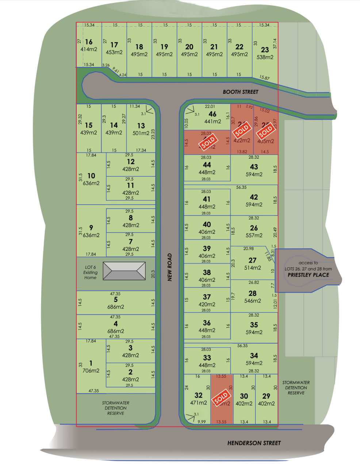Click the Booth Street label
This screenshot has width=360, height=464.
click(x=240, y=92)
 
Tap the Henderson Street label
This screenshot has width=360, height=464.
click(x=254, y=443)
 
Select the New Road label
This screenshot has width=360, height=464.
click(x=170, y=267)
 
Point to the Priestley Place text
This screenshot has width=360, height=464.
click(x=308, y=275)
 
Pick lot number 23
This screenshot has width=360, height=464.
click(x=265, y=50)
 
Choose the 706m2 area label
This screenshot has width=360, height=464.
click(x=91, y=371)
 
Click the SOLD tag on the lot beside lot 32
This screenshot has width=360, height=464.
click(x=222, y=398)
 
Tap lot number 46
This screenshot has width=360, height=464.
click(x=212, y=114)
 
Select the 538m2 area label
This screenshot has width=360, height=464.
click(x=265, y=57)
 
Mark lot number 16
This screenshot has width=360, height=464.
click(x=89, y=42)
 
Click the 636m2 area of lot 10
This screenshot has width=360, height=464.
click(x=91, y=183)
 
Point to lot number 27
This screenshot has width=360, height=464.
click(x=252, y=260)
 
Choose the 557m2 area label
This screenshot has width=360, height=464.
click(x=254, y=235)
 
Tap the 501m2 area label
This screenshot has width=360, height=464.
click(x=141, y=133)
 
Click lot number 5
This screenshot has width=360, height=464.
click(x=115, y=300)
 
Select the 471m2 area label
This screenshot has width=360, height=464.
click(x=198, y=403)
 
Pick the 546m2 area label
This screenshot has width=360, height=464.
click(x=252, y=301)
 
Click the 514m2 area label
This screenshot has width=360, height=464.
click(x=252, y=267)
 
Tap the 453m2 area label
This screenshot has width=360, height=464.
click(x=114, y=52)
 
